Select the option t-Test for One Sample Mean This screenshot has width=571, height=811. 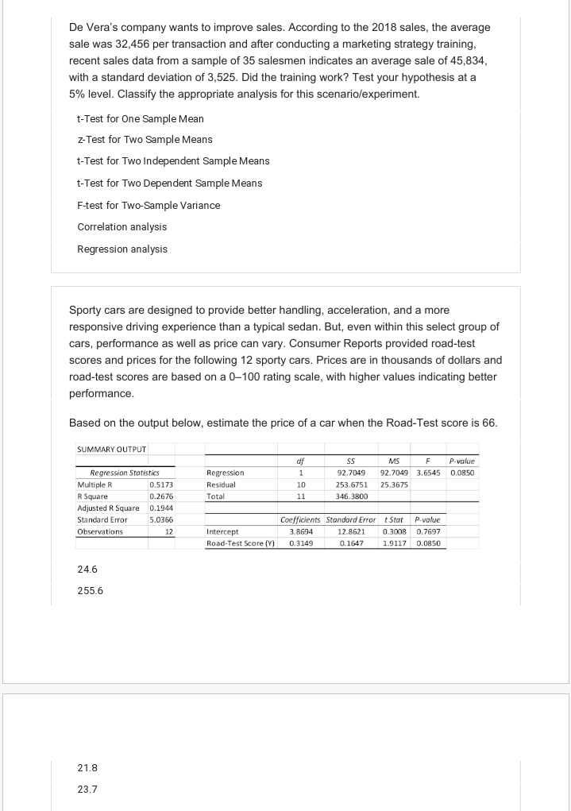click(141, 119)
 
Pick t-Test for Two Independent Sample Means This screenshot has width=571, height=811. click(173, 161)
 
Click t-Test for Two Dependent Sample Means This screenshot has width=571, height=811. click(170, 183)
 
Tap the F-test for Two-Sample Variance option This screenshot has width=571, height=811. click(149, 206)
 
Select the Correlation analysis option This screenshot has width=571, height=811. click(122, 227)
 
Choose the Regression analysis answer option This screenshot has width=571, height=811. click(122, 249)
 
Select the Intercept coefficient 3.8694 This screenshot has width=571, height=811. click(299, 532)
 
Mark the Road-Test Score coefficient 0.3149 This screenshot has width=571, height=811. click(299, 544)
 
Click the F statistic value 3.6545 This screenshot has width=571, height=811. click(429, 473)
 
